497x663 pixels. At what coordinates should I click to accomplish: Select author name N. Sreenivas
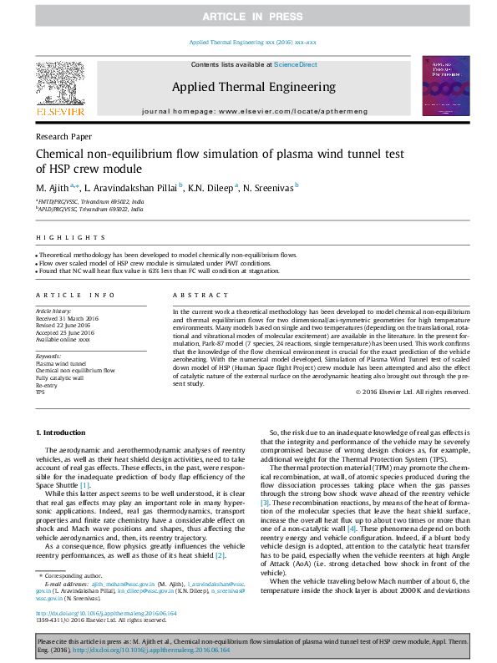coord(268,189)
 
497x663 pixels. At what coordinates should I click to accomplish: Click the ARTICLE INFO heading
coord(75,295)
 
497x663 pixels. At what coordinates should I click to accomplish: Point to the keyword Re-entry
coord(47,385)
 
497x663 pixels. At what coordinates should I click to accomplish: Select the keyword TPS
coord(40,392)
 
